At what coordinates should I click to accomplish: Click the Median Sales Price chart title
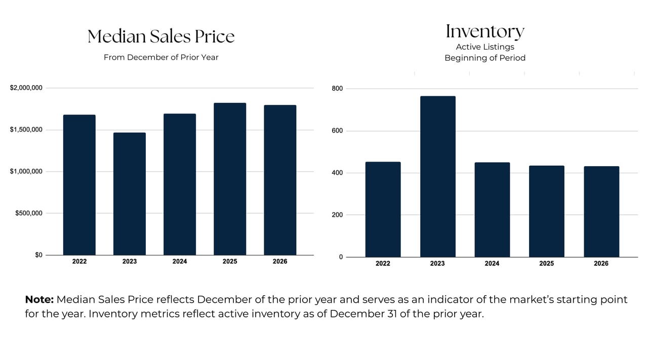click(161, 36)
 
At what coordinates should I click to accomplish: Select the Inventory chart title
click(485, 31)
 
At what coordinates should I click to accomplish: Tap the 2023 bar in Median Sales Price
click(129, 194)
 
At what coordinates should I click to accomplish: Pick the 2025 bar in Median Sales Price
click(229, 179)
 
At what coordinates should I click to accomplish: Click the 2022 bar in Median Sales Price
click(79, 185)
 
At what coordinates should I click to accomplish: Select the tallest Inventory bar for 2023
click(437, 177)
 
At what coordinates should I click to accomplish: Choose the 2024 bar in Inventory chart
click(492, 210)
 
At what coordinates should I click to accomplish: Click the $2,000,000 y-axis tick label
click(26, 88)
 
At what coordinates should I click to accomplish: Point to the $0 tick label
click(38, 255)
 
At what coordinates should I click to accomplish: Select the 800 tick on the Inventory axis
click(337, 89)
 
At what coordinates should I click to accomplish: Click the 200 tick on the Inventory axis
click(337, 215)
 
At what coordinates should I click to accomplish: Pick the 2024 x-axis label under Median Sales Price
click(179, 261)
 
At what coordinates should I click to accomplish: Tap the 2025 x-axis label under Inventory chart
click(546, 263)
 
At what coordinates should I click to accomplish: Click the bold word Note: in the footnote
click(39, 299)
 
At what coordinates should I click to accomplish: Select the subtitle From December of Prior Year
click(161, 57)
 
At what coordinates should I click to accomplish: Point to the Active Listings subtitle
click(485, 47)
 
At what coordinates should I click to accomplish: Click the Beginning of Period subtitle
click(485, 58)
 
